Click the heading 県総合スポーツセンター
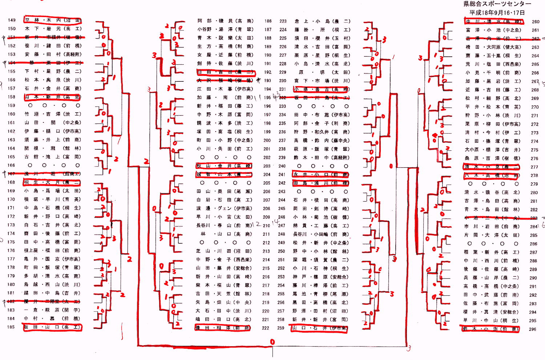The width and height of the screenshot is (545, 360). (x=497, y=4)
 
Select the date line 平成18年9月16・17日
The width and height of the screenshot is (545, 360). (x=497, y=12)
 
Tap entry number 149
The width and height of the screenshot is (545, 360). (x=12, y=20)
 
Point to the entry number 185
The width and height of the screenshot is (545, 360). (x=11, y=327)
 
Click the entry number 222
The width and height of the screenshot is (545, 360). (x=266, y=328)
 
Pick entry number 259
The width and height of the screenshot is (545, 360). (x=281, y=328)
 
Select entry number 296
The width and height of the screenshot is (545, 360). (x=533, y=329)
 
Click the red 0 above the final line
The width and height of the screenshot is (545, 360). (x=272, y=342)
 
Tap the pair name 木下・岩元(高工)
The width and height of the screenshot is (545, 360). (x=53, y=29)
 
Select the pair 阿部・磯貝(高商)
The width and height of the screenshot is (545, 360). (x=225, y=21)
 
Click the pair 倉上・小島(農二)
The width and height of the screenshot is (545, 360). (x=322, y=21)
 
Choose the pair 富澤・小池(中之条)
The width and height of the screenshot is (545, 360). (x=493, y=30)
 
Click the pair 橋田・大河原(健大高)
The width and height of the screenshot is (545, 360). (x=493, y=47)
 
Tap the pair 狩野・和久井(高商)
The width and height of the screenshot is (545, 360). (x=322, y=132)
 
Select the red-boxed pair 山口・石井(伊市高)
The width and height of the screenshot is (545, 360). (x=320, y=328)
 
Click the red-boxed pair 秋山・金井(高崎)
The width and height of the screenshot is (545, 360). (x=224, y=166)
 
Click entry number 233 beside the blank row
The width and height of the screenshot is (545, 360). (x=282, y=106)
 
